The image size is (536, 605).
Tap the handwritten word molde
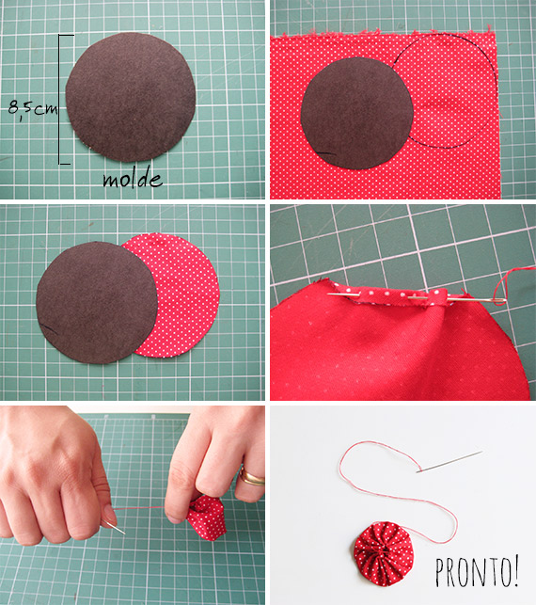(133, 179)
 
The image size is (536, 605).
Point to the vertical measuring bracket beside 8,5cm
(62, 99)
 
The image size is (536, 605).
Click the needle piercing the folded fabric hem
(414, 296)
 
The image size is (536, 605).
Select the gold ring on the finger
(252, 478)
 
